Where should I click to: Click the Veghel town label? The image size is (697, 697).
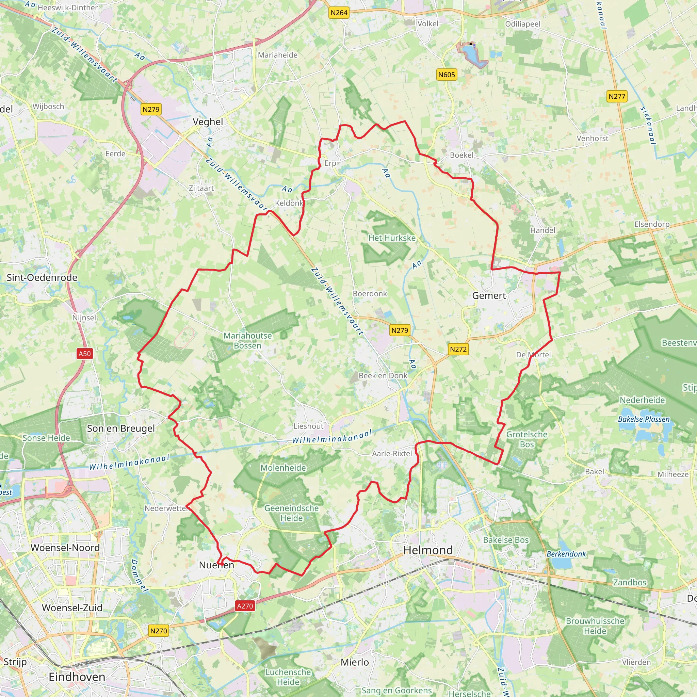pos(208,122)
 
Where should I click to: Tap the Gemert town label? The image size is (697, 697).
pos(489,296)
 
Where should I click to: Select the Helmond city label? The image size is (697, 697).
pos(428,550)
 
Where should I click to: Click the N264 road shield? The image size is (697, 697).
pos(339,13)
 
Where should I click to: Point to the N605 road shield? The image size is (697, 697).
pos(447,75)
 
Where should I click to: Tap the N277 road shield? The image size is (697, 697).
pos(617,96)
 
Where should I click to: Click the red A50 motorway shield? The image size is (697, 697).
pos(85,354)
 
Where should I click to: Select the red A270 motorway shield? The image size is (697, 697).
pos(245,606)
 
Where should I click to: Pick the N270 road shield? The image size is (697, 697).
pos(159,631)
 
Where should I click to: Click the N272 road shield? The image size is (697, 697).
pos(458,349)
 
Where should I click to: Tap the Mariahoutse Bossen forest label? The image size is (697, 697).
pos(247,341)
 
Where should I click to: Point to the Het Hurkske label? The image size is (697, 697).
pos(392,238)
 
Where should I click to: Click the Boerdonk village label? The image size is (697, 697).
pos(370,294)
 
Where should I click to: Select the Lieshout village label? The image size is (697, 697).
pos(308,426)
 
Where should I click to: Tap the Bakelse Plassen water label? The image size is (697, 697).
pos(644,419)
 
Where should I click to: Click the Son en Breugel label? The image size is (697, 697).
pos(121,428)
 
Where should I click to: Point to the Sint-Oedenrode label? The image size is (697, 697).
pos(42,277)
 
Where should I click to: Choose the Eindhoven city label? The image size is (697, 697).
pos(77,677)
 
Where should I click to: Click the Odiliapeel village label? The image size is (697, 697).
pos(523,24)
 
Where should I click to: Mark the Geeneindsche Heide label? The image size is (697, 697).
pos(292,513)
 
